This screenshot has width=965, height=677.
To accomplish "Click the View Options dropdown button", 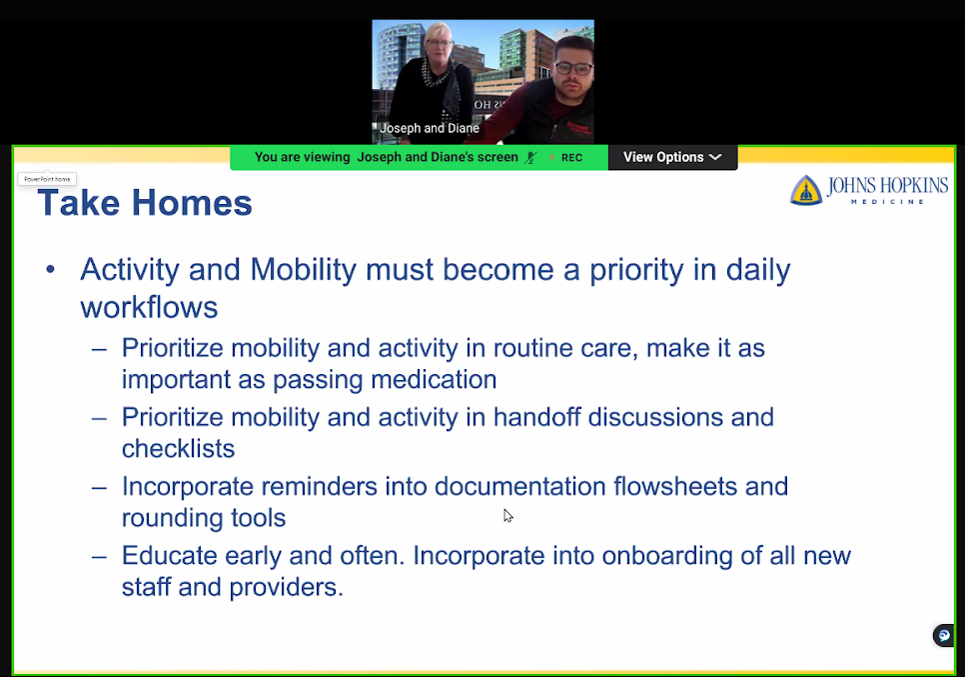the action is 672,157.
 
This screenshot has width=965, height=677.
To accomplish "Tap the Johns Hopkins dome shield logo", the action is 805,190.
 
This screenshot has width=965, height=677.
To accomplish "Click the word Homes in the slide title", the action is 192,203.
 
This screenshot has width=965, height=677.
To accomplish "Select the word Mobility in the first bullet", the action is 304,269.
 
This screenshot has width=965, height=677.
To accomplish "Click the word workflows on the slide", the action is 149,307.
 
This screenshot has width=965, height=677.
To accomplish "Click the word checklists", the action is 179,448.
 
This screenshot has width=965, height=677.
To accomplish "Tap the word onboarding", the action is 667,556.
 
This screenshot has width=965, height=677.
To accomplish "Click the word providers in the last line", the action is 286,588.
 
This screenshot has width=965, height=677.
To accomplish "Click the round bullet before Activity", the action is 51,269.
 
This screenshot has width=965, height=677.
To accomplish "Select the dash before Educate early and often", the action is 99,556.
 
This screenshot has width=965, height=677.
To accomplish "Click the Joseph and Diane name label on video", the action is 430,128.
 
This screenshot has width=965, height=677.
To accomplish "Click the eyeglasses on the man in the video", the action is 573,68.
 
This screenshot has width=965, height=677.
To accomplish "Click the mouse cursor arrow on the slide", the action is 507,516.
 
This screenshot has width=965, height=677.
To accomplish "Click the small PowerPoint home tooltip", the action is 47,179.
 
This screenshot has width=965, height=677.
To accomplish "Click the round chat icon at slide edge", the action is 944,635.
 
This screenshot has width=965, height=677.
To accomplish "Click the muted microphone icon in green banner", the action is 530,158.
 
